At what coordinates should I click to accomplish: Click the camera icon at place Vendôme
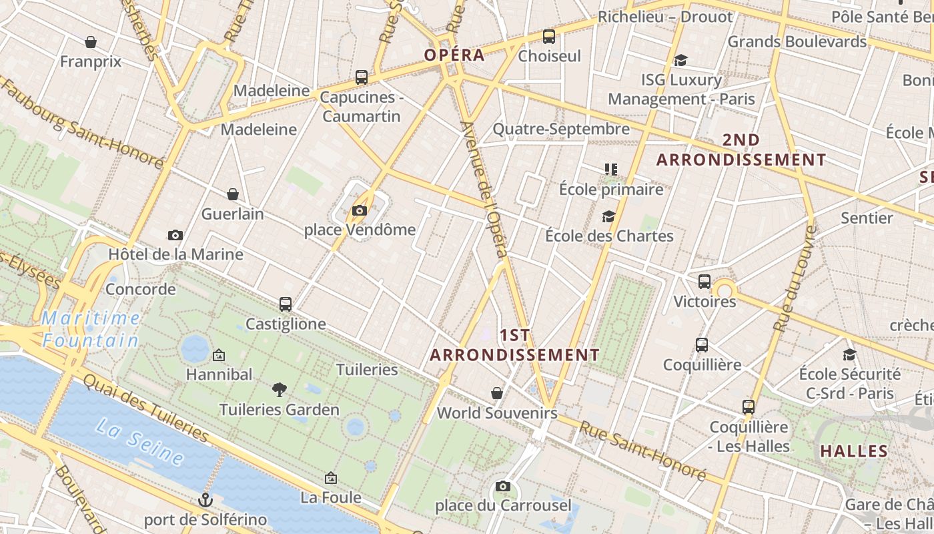(x=360, y=211)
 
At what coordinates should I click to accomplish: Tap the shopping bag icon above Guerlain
(x=233, y=194)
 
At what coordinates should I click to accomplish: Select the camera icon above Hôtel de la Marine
(x=175, y=235)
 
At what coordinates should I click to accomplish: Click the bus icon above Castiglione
(x=286, y=304)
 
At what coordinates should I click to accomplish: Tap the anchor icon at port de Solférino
(x=205, y=499)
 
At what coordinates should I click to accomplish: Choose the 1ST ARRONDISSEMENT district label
(x=514, y=344)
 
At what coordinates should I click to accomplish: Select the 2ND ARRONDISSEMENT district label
(x=741, y=150)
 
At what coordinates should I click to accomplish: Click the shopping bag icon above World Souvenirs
(x=497, y=393)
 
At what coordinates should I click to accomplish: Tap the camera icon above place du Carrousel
(x=503, y=486)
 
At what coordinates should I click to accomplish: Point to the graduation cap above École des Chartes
(x=608, y=216)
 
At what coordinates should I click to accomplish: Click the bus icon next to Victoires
(x=705, y=282)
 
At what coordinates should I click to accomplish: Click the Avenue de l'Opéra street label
(x=484, y=190)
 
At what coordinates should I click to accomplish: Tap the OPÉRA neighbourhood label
(x=454, y=55)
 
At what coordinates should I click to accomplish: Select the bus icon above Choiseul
(x=549, y=37)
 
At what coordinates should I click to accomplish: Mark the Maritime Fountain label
(x=91, y=329)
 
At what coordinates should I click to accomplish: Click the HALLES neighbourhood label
(x=854, y=451)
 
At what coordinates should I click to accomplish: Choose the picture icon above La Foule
(x=330, y=478)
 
